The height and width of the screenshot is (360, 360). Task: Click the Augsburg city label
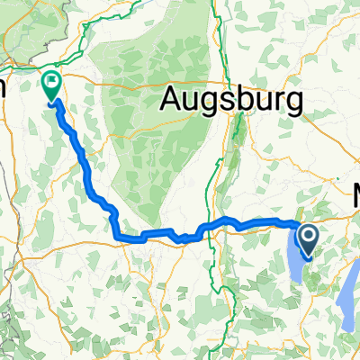tap(232, 100)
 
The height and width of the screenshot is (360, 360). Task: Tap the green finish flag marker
tap(53, 86)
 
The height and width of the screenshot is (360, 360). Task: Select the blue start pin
tap(308, 240)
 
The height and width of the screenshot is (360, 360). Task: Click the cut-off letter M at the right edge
tap(355, 194)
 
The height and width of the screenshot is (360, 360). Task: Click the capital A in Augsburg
tap(173, 100)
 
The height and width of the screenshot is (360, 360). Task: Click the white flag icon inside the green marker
tap(53, 85)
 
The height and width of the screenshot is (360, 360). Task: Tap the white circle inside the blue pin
tap(308, 237)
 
